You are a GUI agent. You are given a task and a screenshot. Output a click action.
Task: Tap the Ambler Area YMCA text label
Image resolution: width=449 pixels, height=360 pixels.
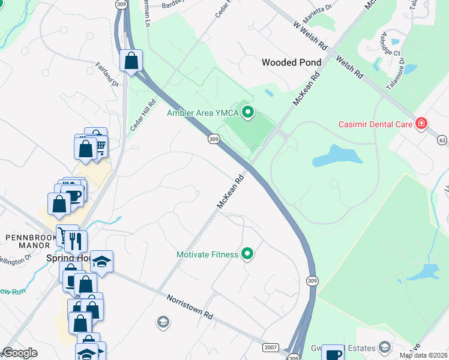pyautogui.click(x=203, y=112)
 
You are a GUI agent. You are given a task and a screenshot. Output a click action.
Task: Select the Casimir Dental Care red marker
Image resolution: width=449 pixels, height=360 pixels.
pyautogui.click(x=421, y=124)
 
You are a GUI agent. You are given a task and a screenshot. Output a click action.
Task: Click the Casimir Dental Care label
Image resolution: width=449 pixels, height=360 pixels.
pyautogui.click(x=375, y=125)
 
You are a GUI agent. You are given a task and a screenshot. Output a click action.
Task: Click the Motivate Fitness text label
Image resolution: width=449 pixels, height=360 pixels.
pyautogui.click(x=207, y=254)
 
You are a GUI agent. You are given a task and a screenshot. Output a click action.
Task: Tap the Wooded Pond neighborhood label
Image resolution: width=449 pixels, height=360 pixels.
pyautogui.click(x=291, y=62)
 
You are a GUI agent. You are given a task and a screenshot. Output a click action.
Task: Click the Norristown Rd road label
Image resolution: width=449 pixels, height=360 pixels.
pyautogui.click(x=190, y=306)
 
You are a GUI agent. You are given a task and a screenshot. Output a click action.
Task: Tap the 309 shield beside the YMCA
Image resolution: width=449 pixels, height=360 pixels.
pyautogui.click(x=214, y=139)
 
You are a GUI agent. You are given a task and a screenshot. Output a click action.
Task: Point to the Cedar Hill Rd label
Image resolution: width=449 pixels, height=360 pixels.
pyautogui.click(x=139, y=115)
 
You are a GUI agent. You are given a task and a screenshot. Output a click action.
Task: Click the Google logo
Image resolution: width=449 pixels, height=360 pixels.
pyautogui.click(x=21, y=352)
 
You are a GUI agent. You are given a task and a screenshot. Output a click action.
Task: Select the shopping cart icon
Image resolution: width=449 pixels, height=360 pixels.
pyautogui.click(x=100, y=146)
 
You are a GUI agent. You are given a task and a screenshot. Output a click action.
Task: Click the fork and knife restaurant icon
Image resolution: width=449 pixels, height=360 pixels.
pyautogui.click(x=76, y=241)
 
